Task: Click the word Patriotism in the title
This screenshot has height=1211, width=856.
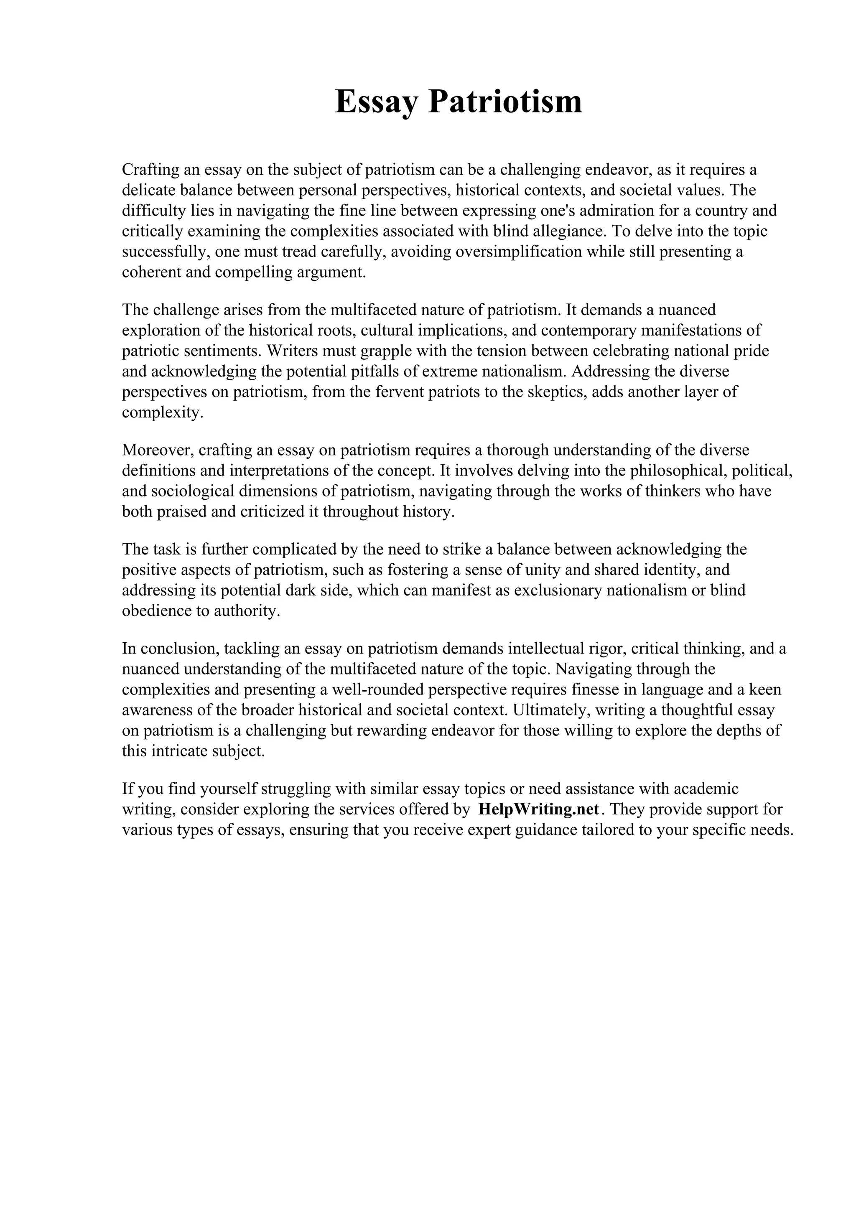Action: pos(505,102)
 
